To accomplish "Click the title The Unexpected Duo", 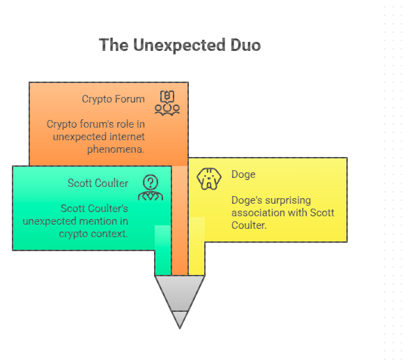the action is [x=180, y=45].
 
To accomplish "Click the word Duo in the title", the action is [x=245, y=45].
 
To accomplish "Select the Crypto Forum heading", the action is [x=113, y=99].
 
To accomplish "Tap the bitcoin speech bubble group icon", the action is [x=167, y=103].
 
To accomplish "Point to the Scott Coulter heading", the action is [x=98, y=183].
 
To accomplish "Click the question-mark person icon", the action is [x=151, y=188].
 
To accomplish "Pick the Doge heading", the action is [x=243, y=174].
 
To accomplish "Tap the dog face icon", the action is [x=209, y=179].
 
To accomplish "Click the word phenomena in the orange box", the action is [x=116, y=149].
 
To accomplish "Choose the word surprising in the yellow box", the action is [x=288, y=201].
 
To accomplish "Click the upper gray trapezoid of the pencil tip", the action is [x=180, y=293].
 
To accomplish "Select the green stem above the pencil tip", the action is [x=163, y=250].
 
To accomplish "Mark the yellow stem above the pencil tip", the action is [x=197, y=246].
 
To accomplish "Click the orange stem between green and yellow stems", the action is [x=180, y=220].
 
